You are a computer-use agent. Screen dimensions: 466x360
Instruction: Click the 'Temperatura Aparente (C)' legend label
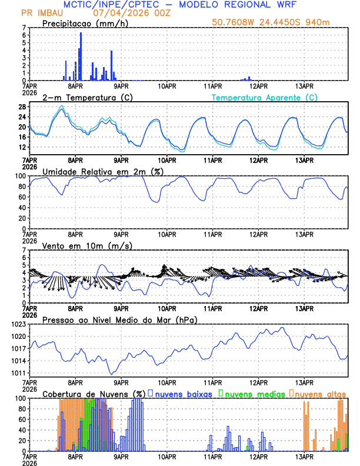264,97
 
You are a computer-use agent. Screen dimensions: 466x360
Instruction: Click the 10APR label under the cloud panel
167,456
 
